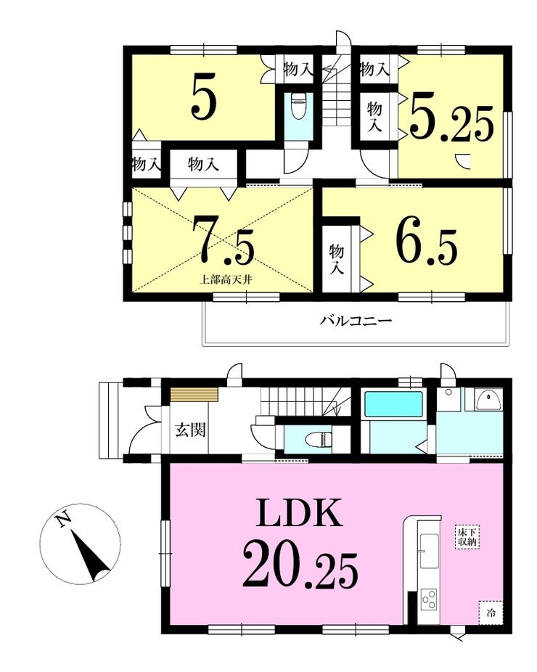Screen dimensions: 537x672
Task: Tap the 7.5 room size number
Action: tap(223, 240)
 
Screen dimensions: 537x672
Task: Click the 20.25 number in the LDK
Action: tap(300, 565)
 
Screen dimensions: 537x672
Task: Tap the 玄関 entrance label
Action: tap(190, 429)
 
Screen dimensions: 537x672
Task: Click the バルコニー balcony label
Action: tap(356, 320)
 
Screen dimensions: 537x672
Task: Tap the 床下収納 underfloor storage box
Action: tap(467, 537)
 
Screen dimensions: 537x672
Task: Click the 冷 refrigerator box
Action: tap(491, 613)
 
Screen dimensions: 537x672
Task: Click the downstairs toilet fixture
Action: tap(318, 439)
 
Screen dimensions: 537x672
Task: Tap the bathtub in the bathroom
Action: tap(393, 404)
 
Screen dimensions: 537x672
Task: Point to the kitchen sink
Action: tap(429, 551)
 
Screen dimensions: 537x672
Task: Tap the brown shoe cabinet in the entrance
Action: tap(194, 394)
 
